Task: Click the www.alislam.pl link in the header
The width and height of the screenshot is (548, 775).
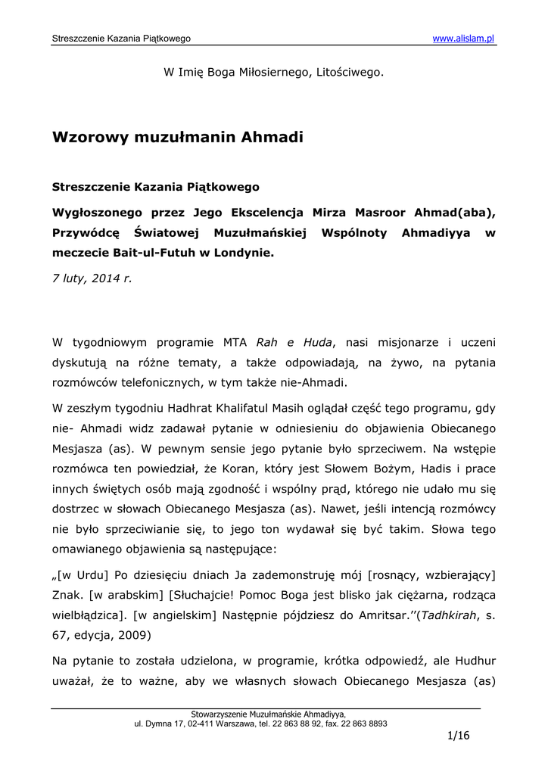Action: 463,39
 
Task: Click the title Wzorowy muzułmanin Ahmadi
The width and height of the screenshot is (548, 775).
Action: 177,137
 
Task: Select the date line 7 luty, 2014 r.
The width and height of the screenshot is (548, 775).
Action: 92,278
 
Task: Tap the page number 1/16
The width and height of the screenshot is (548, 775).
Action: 459,736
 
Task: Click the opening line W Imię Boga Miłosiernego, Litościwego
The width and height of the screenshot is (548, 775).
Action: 273,73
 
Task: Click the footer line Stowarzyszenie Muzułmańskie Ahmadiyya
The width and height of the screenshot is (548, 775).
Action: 268,714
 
